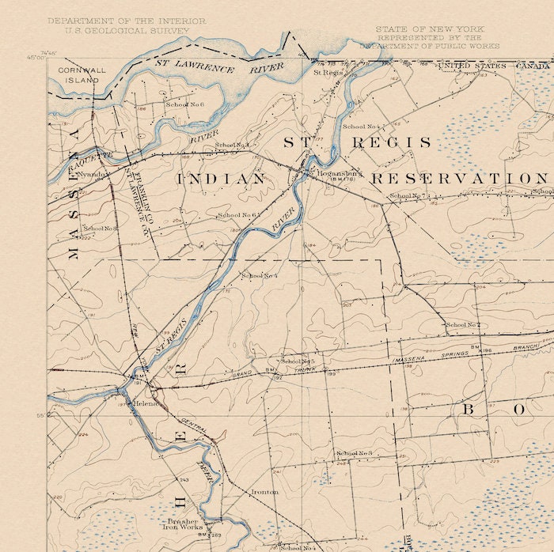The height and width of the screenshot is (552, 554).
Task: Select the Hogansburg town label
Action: (x=340, y=172)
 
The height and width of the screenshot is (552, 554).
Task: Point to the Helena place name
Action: (x=146, y=403)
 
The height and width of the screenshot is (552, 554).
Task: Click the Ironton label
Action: (x=264, y=492)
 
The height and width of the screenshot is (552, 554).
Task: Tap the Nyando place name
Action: (x=92, y=174)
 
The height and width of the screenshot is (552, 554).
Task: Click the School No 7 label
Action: (x=409, y=195)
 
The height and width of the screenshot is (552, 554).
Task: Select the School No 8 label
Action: (x=101, y=229)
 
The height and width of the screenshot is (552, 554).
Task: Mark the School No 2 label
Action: (x=463, y=324)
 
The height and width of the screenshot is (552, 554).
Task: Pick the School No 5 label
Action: (x=298, y=361)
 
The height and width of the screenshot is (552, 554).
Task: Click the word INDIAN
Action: (x=221, y=180)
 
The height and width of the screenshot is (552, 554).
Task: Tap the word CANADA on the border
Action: (x=534, y=66)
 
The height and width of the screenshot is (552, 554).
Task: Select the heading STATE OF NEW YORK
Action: (x=428, y=28)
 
